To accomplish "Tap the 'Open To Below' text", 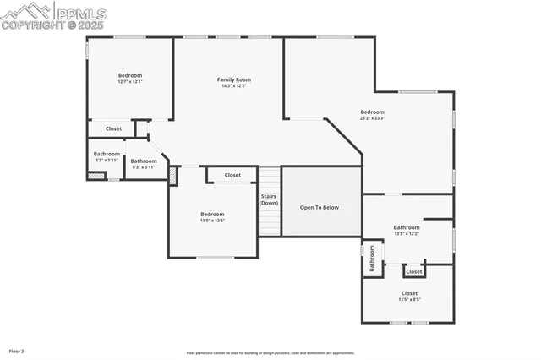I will [320, 207].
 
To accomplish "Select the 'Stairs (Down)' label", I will [269, 199].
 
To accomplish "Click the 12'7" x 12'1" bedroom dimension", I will [129, 82].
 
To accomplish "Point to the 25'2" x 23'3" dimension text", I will [372, 118].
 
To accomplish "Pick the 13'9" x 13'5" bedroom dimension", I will [211, 221].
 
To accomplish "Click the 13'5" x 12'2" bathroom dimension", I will [406, 233].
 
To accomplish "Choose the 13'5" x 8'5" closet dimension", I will [409, 299].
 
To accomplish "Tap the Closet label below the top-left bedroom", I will [113, 128].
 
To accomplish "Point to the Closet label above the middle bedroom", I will [232, 176].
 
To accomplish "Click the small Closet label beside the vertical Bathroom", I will [413, 272].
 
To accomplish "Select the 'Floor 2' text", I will [16, 351].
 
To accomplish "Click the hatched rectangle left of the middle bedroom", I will [173, 176].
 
